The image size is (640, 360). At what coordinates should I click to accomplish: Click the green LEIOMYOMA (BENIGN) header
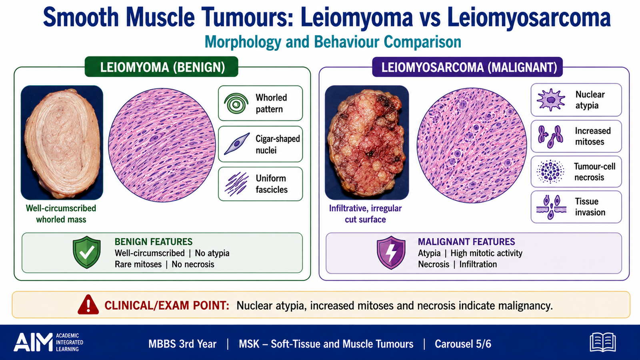[162, 67]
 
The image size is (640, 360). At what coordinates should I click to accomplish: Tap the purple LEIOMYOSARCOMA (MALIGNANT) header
[468, 67]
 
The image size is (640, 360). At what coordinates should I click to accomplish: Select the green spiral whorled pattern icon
[236, 104]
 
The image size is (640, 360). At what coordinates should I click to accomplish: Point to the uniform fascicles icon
[236, 184]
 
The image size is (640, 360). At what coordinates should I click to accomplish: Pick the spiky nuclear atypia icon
[550, 100]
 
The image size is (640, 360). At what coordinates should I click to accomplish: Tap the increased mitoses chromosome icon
[550, 136]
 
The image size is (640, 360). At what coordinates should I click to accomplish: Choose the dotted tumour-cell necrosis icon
[550, 172]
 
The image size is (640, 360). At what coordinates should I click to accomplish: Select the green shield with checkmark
[87, 252]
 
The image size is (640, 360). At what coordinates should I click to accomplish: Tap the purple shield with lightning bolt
[391, 252]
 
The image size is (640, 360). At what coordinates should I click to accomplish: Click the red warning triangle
[88, 304]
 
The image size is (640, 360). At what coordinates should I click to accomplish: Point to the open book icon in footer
[602, 342]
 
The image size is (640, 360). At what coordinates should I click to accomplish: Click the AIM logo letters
[33, 342]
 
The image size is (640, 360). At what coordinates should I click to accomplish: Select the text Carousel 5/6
[463, 344]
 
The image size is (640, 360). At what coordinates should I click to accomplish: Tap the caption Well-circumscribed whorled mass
[61, 214]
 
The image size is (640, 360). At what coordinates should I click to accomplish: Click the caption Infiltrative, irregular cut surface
[366, 214]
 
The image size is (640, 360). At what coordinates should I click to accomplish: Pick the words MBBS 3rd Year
[182, 344]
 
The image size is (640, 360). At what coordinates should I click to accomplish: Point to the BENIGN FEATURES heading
[154, 242]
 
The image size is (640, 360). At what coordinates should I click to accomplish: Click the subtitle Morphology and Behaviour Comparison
[333, 42]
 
